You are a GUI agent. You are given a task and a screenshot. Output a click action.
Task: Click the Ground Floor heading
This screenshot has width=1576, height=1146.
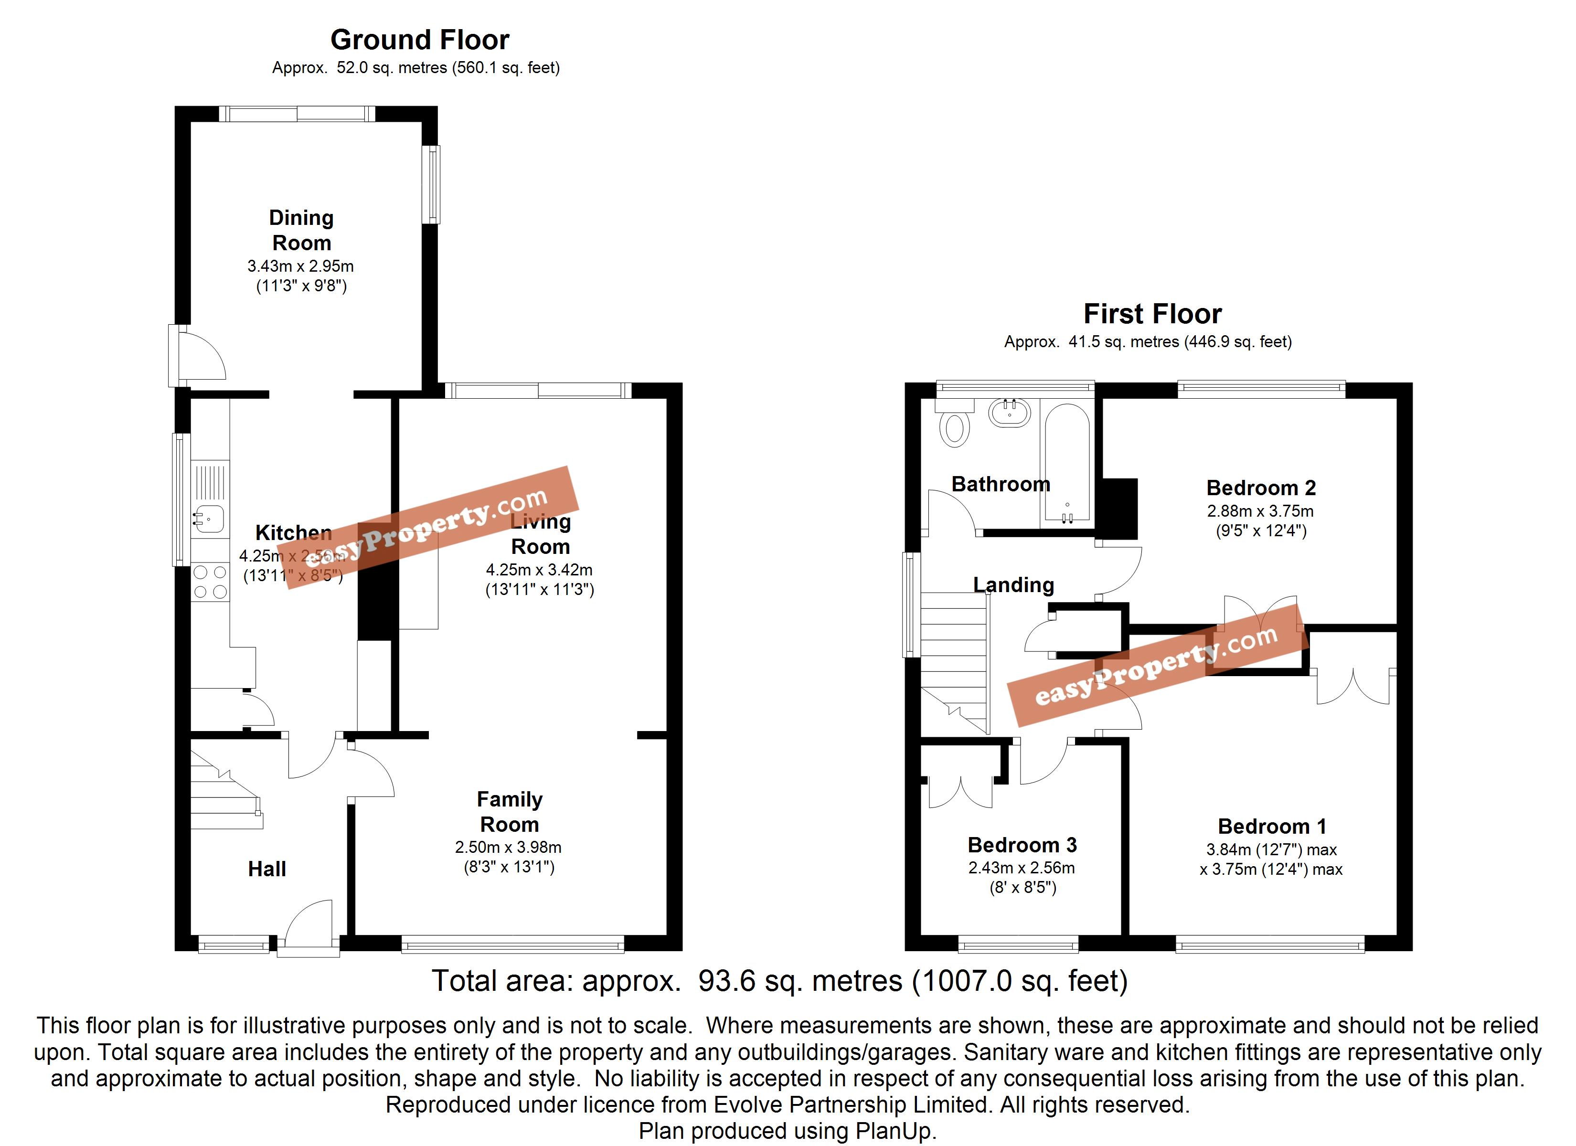tap(420, 40)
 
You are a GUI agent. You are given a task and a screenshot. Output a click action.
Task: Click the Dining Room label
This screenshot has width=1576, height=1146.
tap(301, 230)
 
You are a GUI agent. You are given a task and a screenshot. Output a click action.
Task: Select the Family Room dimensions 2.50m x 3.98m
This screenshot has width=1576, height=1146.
tap(508, 847)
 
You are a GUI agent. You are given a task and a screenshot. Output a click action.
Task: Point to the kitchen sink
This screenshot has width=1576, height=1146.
tap(209, 518)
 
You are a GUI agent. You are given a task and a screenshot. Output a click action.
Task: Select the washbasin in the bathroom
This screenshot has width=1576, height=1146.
tap(1010, 413)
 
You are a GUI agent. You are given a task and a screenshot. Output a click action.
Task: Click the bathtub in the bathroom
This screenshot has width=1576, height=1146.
tap(1066, 462)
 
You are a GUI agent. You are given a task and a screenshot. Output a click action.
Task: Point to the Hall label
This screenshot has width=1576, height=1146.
tap(267, 869)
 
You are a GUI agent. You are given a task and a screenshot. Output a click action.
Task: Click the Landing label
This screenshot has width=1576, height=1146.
tap(1013, 585)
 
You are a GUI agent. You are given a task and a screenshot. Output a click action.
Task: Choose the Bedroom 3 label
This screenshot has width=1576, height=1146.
tap(1022, 845)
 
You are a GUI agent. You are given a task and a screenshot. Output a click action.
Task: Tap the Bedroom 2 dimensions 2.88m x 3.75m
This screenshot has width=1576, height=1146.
tap(1260, 511)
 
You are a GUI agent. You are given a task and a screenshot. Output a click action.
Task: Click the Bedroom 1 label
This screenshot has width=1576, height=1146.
tap(1272, 827)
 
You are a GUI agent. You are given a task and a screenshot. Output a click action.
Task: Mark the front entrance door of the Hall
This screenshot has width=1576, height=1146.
tap(309, 928)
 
